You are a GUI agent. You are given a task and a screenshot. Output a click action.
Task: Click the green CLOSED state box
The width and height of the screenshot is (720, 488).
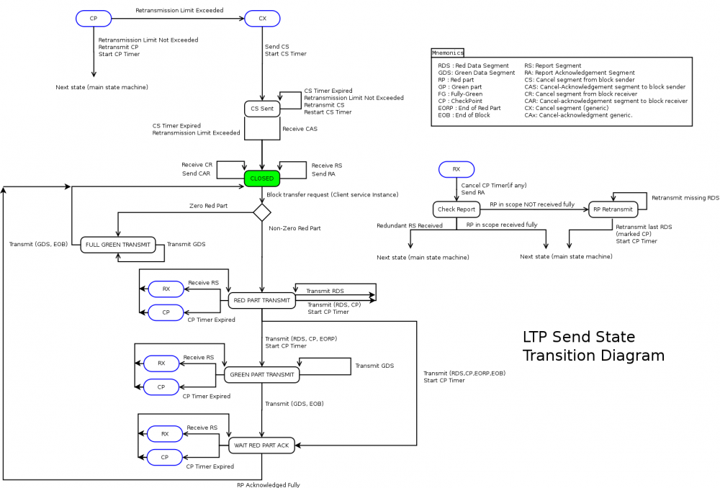tap(261, 179)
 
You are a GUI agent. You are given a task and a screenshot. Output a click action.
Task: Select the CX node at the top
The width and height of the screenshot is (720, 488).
tap(262, 18)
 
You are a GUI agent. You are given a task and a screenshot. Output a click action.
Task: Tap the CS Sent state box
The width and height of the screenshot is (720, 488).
tap(261, 109)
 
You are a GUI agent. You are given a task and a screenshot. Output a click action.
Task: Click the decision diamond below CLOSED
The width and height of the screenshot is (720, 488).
tap(261, 212)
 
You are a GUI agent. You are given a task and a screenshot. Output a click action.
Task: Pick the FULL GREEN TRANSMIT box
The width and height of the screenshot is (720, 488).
tap(118, 245)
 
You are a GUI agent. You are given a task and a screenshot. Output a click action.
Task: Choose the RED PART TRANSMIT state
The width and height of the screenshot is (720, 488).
tap(262, 300)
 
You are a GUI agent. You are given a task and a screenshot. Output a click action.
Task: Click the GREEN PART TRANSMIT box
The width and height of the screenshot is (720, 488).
tap(261, 374)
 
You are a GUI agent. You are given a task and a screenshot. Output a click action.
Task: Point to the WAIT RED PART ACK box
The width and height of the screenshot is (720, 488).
tap(261, 446)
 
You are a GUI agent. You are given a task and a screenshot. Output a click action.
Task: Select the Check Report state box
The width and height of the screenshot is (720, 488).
tap(456, 209)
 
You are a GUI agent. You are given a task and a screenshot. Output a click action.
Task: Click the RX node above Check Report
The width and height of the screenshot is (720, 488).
tap(456, 170)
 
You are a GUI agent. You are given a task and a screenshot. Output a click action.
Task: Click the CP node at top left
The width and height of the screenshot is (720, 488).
tap(94, 18)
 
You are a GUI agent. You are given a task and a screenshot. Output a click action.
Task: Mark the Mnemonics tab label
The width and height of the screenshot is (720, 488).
tap(448, 53)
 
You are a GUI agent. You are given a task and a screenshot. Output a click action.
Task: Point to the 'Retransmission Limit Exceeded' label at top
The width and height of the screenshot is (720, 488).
tap(179, 10)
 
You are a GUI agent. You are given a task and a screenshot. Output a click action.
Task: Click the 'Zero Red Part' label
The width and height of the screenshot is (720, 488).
tap(208, 206)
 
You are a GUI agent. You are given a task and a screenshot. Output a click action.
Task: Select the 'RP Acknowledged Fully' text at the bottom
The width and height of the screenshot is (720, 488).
tap(269, 484)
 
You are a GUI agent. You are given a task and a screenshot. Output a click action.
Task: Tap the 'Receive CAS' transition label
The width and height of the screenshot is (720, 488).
tap(300, 129)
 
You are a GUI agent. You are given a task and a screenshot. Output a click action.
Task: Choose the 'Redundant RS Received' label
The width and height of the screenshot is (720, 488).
tap(410, 225)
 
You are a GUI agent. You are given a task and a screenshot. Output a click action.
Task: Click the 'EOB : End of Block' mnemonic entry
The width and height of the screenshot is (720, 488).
tap(464, 115)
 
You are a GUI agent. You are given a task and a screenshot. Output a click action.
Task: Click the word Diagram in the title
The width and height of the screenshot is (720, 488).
tap(629, 356)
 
